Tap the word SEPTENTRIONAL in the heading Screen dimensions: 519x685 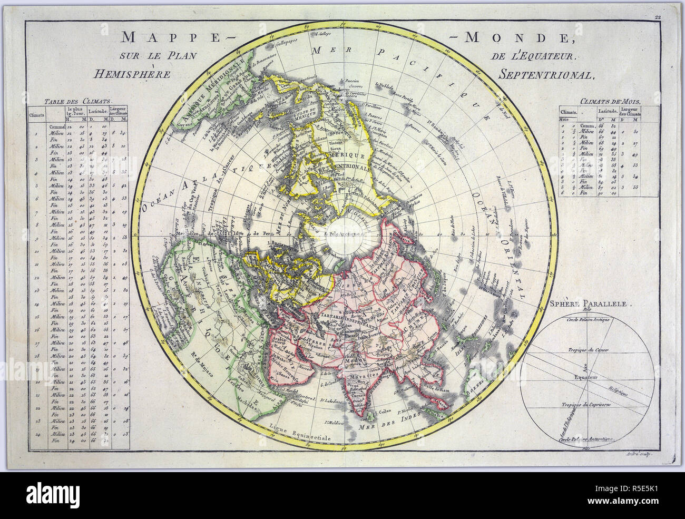[546, 75]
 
